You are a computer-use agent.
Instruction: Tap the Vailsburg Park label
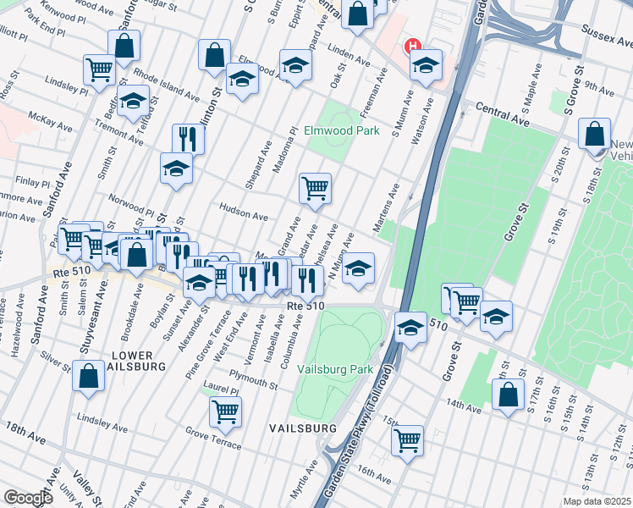pos(335,369)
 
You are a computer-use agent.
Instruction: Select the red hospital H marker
pos(413,47)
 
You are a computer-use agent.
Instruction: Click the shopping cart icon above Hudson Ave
pos(315,187)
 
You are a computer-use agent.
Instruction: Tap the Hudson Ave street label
pos(243,215)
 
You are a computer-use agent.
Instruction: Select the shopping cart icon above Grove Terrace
pos(225,412)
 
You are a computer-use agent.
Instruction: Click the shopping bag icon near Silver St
pos(88,375)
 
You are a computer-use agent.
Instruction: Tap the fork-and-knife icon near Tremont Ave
pos(188,138)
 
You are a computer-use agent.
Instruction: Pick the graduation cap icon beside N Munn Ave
pos(359,268)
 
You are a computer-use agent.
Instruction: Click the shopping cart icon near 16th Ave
pos(407,439)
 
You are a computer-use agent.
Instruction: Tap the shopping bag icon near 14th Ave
pos(508,395)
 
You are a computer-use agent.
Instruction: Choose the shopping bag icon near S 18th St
pos(596,133)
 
